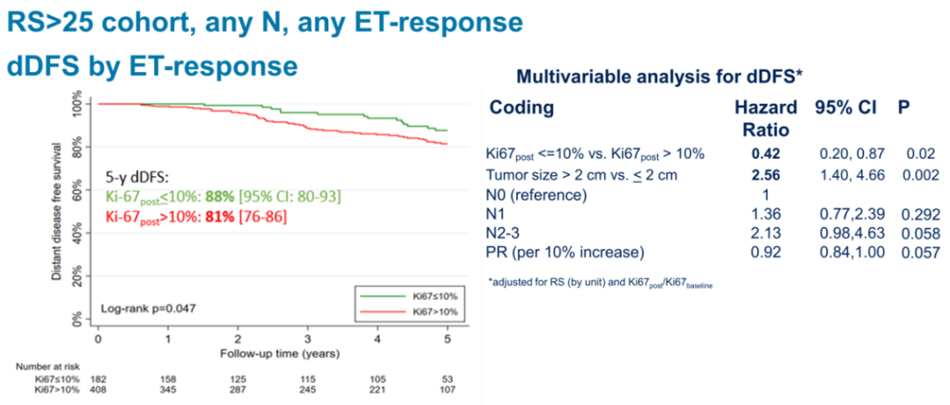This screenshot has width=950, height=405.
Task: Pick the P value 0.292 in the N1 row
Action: (x=922, y=214)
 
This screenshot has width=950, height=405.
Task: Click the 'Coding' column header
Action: (x=522, y=107)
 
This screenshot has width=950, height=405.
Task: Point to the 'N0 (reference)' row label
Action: (x=537, y=194)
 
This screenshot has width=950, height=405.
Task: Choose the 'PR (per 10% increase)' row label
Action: (x=563, y=254)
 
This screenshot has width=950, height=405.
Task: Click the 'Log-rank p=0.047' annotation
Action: (x=148, y=309)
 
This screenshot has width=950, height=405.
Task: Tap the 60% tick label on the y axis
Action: (x=77, y=189)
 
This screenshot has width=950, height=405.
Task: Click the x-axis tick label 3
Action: (x=307, y=339)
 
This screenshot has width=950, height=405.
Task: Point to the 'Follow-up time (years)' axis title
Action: (x=272, y=352)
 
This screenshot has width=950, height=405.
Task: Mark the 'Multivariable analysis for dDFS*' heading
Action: (x=659, y=77)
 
